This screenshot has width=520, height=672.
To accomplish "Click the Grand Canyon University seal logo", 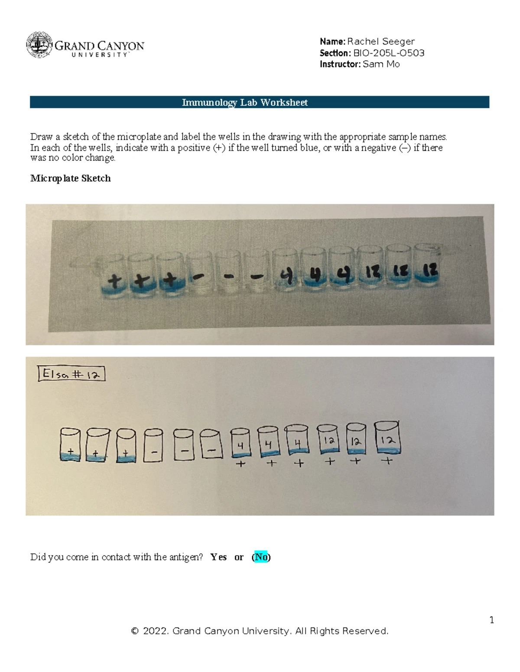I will [x=39, y=45].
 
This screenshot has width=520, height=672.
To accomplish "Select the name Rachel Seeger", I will [x=380, y=42].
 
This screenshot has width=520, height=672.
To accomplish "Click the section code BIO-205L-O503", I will [x=389, y=53].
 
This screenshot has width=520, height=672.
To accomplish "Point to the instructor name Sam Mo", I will [x=381, y=64].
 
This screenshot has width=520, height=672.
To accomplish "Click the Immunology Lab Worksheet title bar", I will [x=259, y=102].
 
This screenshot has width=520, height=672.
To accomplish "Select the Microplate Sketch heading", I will [x=70, y=178].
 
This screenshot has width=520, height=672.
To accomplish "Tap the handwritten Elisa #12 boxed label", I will [x=71, y=374].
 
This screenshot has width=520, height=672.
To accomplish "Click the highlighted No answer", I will [x=261, y=557].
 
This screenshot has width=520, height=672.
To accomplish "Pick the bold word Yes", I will [x=218, y=557].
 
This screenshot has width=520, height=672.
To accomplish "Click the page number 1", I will [x=491, y=620].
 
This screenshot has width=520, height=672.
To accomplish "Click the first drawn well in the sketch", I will [x=70, y=445].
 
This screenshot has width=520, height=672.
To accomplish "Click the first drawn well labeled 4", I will [x=240, y=443].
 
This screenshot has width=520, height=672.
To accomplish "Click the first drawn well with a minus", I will [x=153, y=446].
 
